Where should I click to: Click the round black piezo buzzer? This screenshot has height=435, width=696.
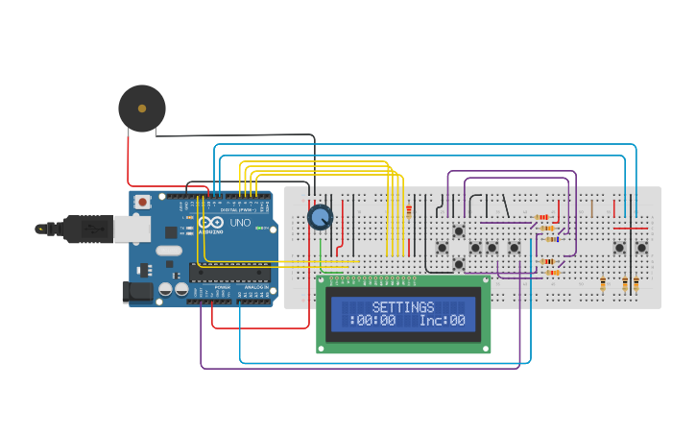(142, 109)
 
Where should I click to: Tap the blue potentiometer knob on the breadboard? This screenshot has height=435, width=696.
(320, 217)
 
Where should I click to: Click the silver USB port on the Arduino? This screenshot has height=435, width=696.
(132, 229)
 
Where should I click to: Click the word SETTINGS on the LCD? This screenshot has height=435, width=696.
(403, 307)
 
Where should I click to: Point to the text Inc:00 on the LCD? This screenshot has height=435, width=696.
(442, 321)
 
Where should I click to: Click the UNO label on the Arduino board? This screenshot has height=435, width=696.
(240, 223)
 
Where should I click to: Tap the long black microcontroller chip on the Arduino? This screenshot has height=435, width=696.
(229, 272)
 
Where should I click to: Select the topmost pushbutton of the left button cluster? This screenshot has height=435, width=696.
(459, 230)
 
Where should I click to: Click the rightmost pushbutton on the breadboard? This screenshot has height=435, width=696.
(641, 248)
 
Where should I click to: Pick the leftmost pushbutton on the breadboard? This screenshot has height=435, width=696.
(442, 248)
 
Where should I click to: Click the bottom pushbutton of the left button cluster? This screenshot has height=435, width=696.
(459, 264)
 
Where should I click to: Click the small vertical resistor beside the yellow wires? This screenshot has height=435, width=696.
(408, 212)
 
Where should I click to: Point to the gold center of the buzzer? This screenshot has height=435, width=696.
(142, 109)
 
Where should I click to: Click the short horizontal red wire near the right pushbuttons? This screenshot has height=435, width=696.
(631, 229)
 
